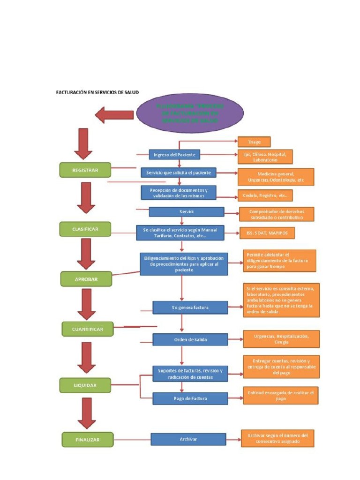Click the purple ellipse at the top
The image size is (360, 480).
point(190,113)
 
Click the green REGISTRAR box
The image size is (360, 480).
point(85,170)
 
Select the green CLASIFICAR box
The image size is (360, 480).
point(85,229)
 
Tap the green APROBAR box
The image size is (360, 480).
point(86,279)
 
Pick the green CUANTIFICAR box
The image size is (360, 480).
point(88,329)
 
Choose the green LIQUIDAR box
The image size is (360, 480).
point(85,385)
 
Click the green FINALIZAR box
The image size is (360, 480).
point(88,440)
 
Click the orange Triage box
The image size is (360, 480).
point(254,142)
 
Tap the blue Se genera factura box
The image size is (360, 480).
point(190,307)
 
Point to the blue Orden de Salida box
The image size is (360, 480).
point(190,340)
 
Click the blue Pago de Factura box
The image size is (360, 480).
point(190,398)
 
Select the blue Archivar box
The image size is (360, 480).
point(188,439)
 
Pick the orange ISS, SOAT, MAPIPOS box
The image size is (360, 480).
point(267,233)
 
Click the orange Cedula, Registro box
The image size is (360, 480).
point(265,195)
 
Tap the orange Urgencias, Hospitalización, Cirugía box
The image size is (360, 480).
point(281,339)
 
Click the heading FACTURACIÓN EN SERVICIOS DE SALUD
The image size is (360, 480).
point(97,92)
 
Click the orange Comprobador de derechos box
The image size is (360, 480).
point(277,214)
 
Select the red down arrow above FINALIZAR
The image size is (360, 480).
point(87,413)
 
